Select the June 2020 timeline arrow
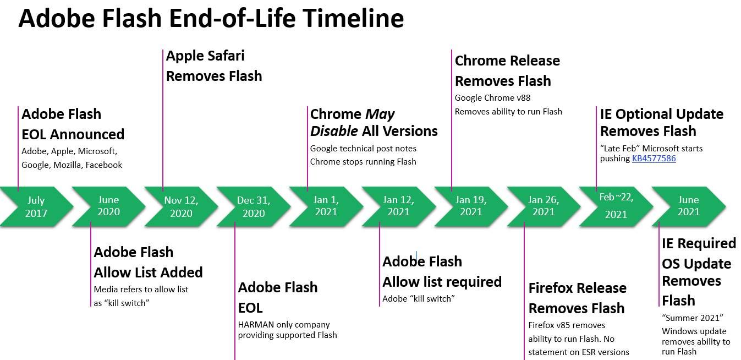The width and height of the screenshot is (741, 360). [108, 206]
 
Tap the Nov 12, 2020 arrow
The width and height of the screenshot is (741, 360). [181, 206]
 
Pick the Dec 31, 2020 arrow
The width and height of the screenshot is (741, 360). [254, 206]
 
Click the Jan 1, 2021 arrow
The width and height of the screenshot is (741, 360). [326, 206]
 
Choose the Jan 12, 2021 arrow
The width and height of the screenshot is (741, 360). [398, 206]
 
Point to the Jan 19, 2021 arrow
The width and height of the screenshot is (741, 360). [471, 206]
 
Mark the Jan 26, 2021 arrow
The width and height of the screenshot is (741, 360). [543, 206]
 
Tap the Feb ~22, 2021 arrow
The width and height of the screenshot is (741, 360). [616, 206]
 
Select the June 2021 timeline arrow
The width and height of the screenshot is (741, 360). [688, 206]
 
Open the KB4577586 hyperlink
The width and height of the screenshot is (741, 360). [654, 159]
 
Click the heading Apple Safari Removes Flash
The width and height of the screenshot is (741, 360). [213, 66]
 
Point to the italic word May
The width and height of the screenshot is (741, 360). [380, 114]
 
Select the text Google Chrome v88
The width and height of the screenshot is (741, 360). [492, 98]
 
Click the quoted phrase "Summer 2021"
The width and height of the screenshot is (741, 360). [692, 318]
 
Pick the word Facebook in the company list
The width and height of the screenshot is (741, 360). [103, 165]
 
